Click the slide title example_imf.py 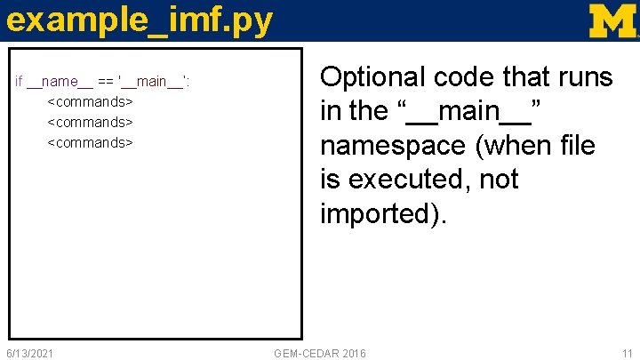coord(139,21)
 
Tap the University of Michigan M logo coord(613,20)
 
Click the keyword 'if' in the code coord(20,83)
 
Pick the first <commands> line coord(90,102)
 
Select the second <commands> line coord(90,122)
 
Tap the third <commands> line coord(90,142)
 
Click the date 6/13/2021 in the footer coord(30,354)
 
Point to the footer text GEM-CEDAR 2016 coord(320,354)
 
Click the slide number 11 coord(627,354)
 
